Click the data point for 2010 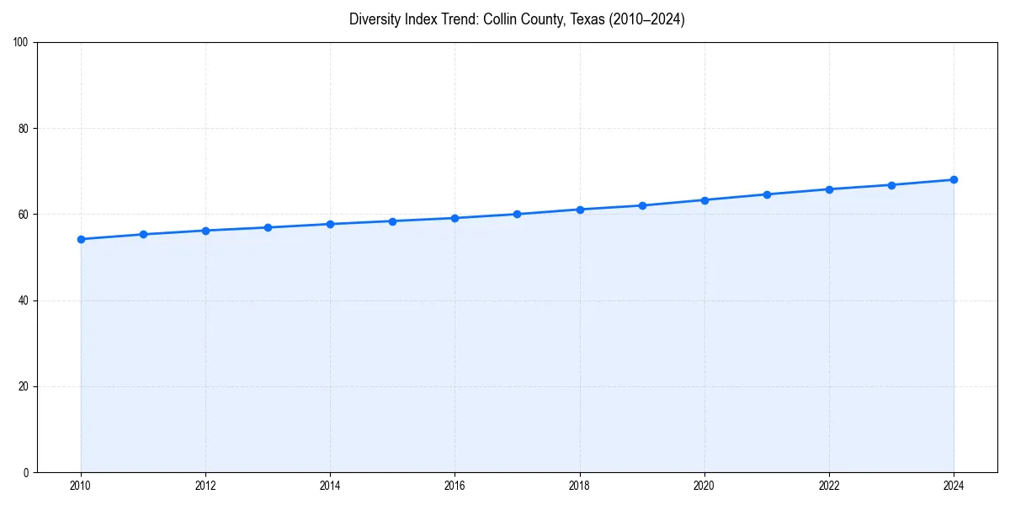pos(81,239)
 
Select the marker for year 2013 pos(268,227)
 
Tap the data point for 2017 pos(517,214)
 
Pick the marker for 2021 pos(767,194)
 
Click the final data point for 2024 pos(954,179)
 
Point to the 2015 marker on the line pos(392,221)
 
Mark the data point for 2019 pos(642,205)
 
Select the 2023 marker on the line pos(891,185)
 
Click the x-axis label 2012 pos(205,485)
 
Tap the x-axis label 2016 pos(454,485)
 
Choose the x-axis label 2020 pos(704,485)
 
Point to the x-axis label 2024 pos(954,485)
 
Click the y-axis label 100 pos(21,43)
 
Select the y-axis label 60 pos(24,215)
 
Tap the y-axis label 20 pos(24,386)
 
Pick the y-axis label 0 pos(26,472)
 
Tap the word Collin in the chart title pos(501,19)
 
